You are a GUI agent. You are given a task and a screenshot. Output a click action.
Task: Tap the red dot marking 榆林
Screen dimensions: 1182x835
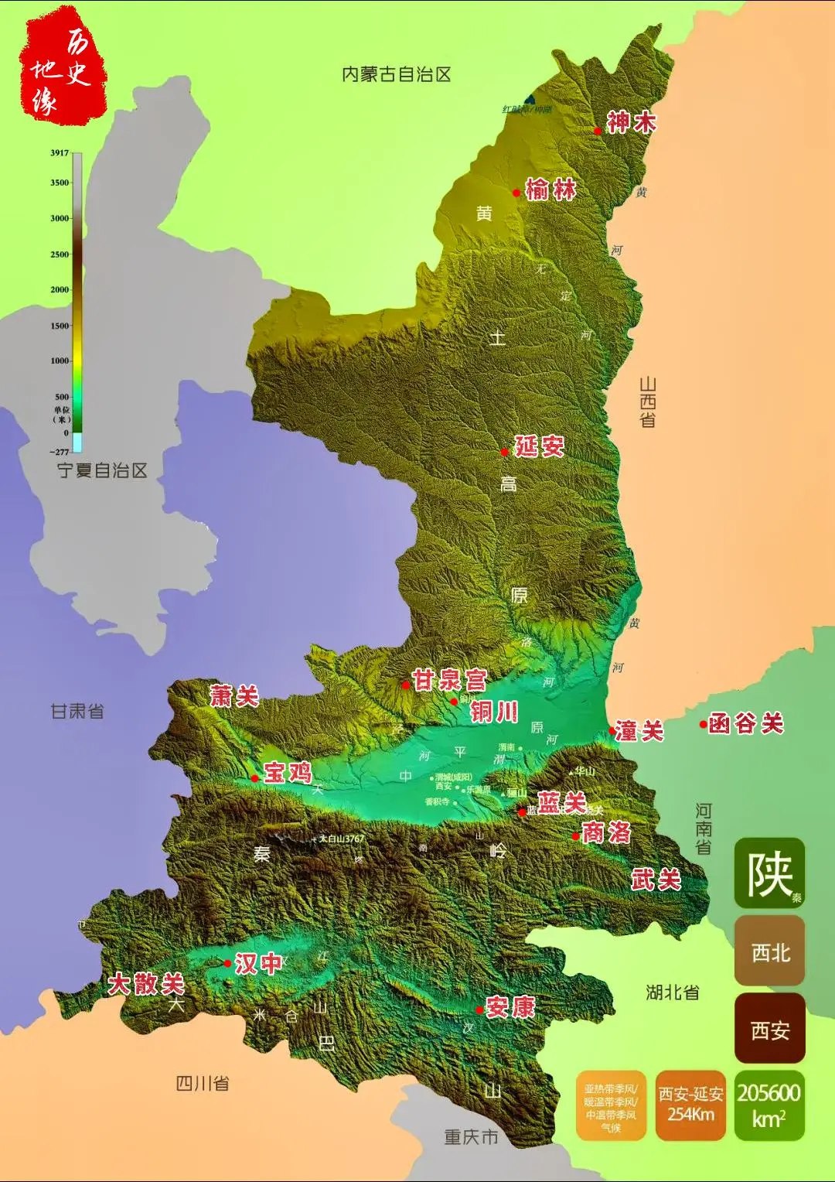(x=516, y=193)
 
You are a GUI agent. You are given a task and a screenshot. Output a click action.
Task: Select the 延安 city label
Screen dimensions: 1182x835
(x=540, y=446)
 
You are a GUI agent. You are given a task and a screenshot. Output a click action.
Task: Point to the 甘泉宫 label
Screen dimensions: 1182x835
(x=449, y=681)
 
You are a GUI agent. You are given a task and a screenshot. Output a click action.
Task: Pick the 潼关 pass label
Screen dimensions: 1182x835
(x=639, y=731)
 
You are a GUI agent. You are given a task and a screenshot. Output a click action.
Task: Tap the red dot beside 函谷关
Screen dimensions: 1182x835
(x=703, y=725)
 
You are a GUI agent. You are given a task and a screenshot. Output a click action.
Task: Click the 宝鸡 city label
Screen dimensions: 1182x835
(x=288, y=773)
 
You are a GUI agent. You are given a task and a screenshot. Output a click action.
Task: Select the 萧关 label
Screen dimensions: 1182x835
(x=234, y=696)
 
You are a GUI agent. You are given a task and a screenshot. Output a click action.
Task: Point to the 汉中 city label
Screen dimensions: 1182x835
(x=258, y=964)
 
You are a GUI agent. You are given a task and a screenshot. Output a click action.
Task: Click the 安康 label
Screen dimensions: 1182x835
(x=510, y=1007)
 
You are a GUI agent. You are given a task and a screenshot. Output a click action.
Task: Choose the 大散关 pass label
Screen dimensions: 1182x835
(x=146, y=984)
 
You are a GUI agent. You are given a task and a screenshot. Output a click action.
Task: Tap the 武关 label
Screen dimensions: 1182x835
(x=656, y=880)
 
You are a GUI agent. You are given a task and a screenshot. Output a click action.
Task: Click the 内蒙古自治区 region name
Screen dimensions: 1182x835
(x=396, y=74)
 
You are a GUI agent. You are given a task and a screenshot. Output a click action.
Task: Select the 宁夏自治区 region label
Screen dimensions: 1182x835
(x=102, y=470)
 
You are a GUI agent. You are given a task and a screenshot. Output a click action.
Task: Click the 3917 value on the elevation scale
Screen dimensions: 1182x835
(x=60, y=153)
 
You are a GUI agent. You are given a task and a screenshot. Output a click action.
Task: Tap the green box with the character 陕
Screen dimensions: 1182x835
(x=769, y=873)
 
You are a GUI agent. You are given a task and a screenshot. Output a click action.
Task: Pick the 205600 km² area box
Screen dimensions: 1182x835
(x=769, y=1105)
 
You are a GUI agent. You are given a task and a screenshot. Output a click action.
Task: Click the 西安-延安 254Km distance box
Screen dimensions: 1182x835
(x=690, y=1105)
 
